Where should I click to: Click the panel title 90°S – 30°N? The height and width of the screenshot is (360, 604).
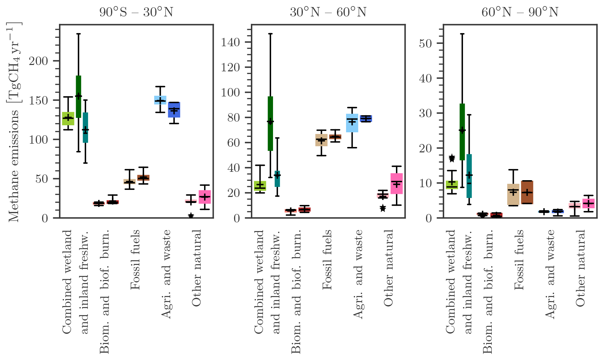(x=136, y=12)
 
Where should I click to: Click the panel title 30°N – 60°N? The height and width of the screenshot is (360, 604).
(x=328, y=12)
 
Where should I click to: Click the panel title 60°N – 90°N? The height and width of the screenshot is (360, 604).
(x=520, y=12)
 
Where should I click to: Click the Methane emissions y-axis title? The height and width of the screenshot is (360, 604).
(x=14, y=122)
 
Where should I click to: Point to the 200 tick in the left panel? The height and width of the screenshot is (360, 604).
(x=39, y=61)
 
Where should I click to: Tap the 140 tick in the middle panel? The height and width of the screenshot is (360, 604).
(x=231, y=42)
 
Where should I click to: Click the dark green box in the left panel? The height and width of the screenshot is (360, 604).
(x=78, y=96)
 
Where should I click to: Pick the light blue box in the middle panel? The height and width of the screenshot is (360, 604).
(x=352, y=123)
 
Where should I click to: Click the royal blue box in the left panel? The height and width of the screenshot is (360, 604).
(x=174, y=110)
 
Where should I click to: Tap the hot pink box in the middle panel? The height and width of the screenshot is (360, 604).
(x=397, y=184)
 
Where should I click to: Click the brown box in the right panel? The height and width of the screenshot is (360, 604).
(x=527, y=192)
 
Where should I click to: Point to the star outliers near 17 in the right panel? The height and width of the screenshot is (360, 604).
(x=452, y=158)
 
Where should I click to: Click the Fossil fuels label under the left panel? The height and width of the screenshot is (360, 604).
(x=135, y=260)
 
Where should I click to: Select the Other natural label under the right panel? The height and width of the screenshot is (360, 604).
(x=580, y=268)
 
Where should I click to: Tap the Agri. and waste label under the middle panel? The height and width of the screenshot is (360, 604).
(x=358, y=274)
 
